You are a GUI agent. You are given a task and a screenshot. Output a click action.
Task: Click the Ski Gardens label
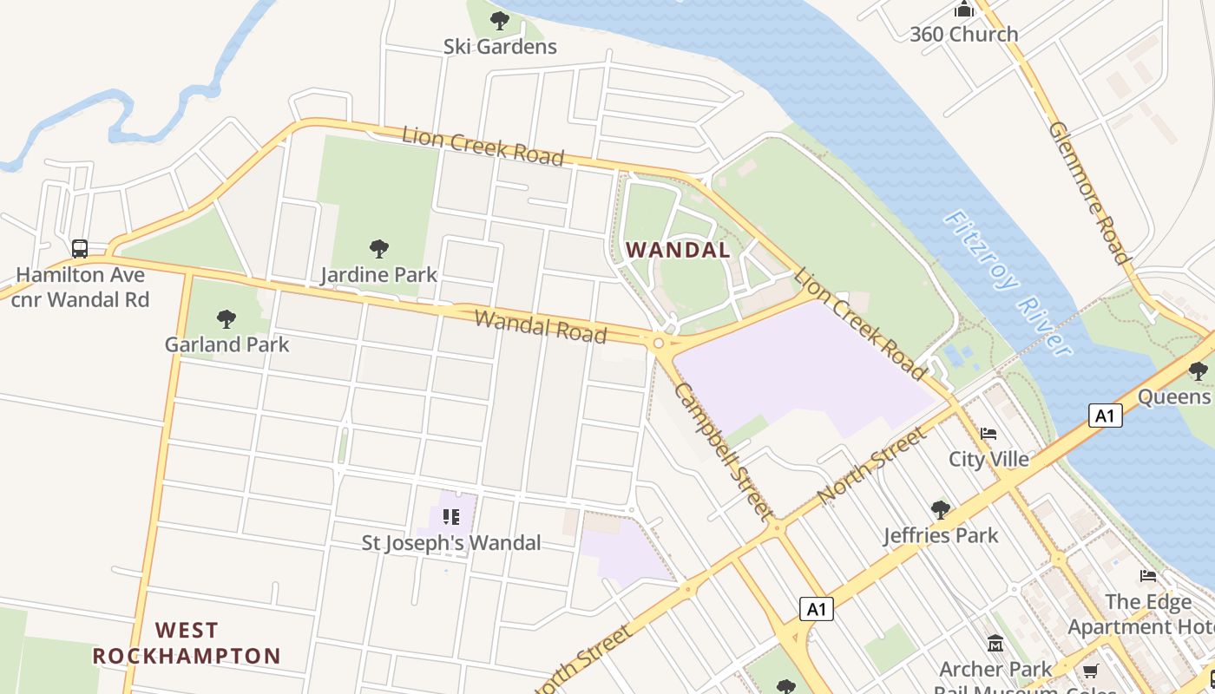coord(500,46)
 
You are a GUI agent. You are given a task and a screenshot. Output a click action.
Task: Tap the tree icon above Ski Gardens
coord(499,20)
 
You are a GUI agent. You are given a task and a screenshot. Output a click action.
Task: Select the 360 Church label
coord(963,35)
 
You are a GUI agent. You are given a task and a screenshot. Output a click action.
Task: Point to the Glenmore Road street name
coord(1089,193)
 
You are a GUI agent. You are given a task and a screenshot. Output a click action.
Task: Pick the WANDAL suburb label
coord(678,250)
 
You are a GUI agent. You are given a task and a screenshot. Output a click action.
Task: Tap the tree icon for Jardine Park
coord(378,249)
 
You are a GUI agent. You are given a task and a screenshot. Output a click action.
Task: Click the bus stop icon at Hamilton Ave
coord(80,249)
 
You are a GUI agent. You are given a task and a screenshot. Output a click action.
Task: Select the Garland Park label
coord(227,344)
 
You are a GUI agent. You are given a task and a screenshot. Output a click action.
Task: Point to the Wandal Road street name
coord(540,326)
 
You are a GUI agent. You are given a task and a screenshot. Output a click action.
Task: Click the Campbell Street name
coord(723,451)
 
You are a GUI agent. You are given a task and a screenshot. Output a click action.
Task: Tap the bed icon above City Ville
coord(988,434)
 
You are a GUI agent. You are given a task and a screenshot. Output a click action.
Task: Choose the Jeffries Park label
coord(941,535)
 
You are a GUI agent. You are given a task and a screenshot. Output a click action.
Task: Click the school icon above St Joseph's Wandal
coord(450,517)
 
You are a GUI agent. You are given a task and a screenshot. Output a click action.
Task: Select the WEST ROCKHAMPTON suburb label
coord(187,643)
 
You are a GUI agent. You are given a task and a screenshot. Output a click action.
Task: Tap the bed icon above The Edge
coord(1148,576)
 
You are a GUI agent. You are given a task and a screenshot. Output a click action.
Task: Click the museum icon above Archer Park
coord(995,644)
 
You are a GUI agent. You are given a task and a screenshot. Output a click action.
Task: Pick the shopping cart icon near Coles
coord(1090,671)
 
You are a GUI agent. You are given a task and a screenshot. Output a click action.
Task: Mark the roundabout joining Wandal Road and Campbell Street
coord(659,344)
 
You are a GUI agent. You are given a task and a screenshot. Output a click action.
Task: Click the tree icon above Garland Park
coord(227,318)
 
